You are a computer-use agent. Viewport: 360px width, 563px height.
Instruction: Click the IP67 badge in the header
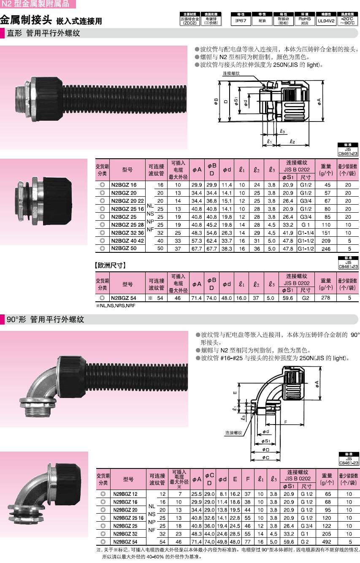(241, 19)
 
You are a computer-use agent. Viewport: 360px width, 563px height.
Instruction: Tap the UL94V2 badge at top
(326, 19)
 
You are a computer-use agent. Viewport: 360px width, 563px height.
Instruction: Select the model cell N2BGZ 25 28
(127, 225)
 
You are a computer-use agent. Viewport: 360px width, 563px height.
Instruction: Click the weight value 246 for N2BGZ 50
(326, 249)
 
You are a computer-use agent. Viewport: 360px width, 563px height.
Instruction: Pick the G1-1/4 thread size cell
(306, 233)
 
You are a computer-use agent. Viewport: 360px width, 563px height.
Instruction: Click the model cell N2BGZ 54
(124, 298)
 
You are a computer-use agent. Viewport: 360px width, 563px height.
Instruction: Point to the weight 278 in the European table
(325, 298)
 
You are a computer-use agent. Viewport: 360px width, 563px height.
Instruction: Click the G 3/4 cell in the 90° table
(307, 526)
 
